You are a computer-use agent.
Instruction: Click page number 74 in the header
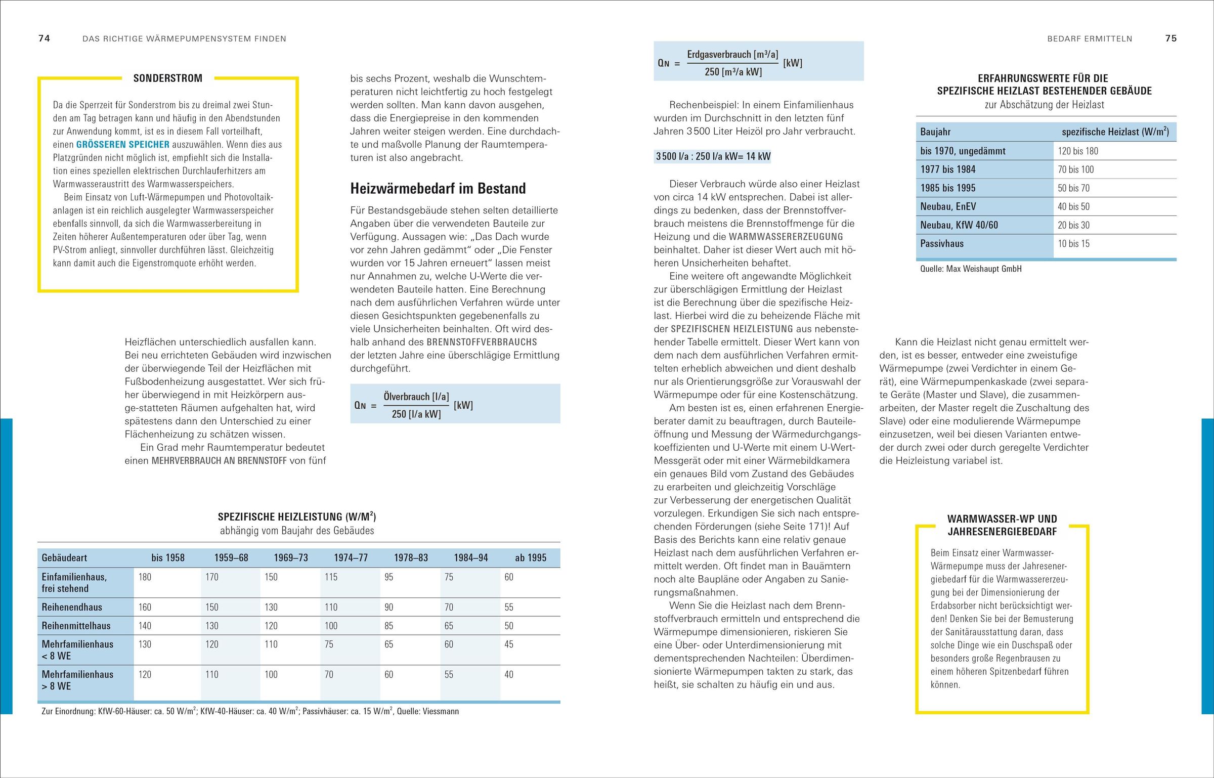point(44,38)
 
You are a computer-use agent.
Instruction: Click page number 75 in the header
point(1170,38)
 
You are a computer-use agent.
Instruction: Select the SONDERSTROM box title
point(167,78)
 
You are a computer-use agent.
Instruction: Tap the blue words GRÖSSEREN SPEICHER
point(122,145)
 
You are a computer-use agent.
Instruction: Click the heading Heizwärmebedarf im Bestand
point(438,189)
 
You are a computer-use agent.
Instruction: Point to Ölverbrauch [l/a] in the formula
point(416,397)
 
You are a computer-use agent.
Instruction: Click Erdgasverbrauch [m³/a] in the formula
point(732,55)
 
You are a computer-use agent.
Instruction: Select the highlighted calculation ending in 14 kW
point(713,156)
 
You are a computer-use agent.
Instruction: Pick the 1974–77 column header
point(351,558)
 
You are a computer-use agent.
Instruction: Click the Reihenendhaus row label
point(72,607)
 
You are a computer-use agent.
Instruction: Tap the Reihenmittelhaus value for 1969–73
point(271,626)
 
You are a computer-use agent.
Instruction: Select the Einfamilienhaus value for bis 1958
point(145,577)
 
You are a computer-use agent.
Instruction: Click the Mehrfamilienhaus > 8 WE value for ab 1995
point(509,675)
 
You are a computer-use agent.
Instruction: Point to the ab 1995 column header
point(531,558)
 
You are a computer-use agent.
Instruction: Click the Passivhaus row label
point(942,244)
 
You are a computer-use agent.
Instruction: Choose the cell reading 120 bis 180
point(1078,151)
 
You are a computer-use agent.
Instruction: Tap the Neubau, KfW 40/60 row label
point(959,225)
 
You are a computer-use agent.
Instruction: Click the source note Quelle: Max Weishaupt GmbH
point(971,269)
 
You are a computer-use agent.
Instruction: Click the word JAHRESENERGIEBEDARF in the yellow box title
point(1002,532)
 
